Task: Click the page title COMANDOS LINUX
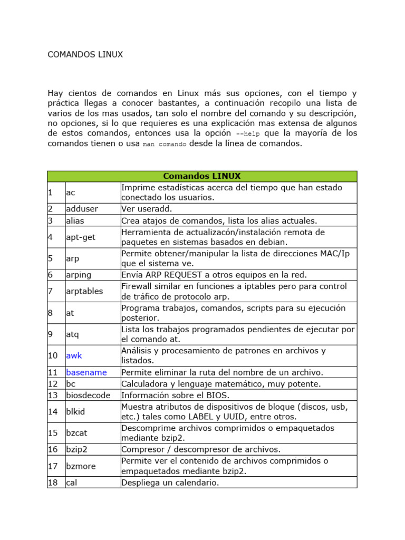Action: point(85,55)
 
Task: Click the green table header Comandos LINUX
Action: point(201,176)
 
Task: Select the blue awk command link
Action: point(74,355)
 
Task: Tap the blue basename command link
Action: point(86,372)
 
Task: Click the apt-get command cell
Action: point(81,237)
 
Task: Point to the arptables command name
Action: point(84,291)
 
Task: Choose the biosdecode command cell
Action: point(88,395)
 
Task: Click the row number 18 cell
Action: point(53,483)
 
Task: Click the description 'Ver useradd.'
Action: point(147,209)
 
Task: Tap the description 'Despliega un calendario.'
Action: point(170,483)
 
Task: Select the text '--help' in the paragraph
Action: point(248,134)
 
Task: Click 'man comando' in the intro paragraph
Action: point(164,144)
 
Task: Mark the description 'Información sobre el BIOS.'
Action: point(176,395)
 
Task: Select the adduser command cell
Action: point(82,209)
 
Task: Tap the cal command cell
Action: point(71,483)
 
